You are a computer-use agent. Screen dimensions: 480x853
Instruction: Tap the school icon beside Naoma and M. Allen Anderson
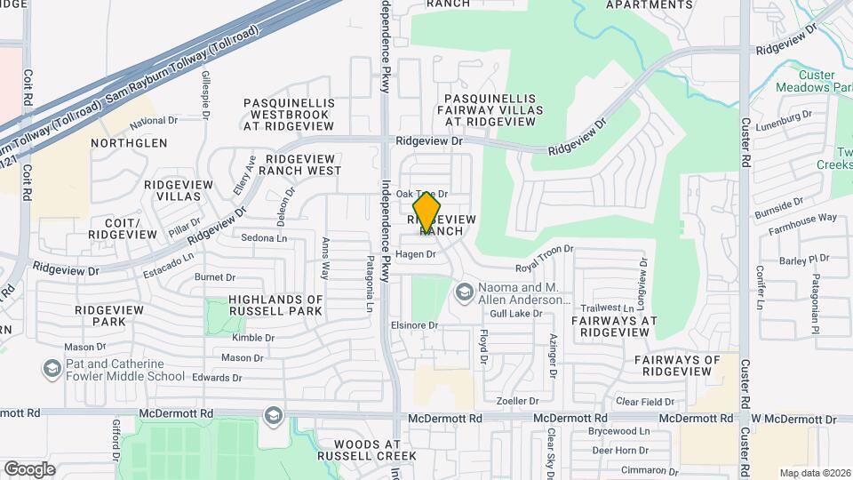click(464, 292)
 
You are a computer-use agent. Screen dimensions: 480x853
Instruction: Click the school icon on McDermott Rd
click(273, 415)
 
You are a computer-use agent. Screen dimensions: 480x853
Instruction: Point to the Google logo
click(29, 468)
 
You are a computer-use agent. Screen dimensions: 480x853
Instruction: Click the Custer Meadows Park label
click(813, 81)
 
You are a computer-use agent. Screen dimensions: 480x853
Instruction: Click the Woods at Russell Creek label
click(374, 450)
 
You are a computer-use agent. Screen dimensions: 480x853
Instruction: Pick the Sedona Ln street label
click(264, 238)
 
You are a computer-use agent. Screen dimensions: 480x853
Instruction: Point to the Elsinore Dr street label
click(415, 325)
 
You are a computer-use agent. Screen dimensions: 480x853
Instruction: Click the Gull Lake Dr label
click(515, 314)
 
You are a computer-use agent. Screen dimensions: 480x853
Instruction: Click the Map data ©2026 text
click(814, 473)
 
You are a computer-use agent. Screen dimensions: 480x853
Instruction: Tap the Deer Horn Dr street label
click(619, 451)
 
